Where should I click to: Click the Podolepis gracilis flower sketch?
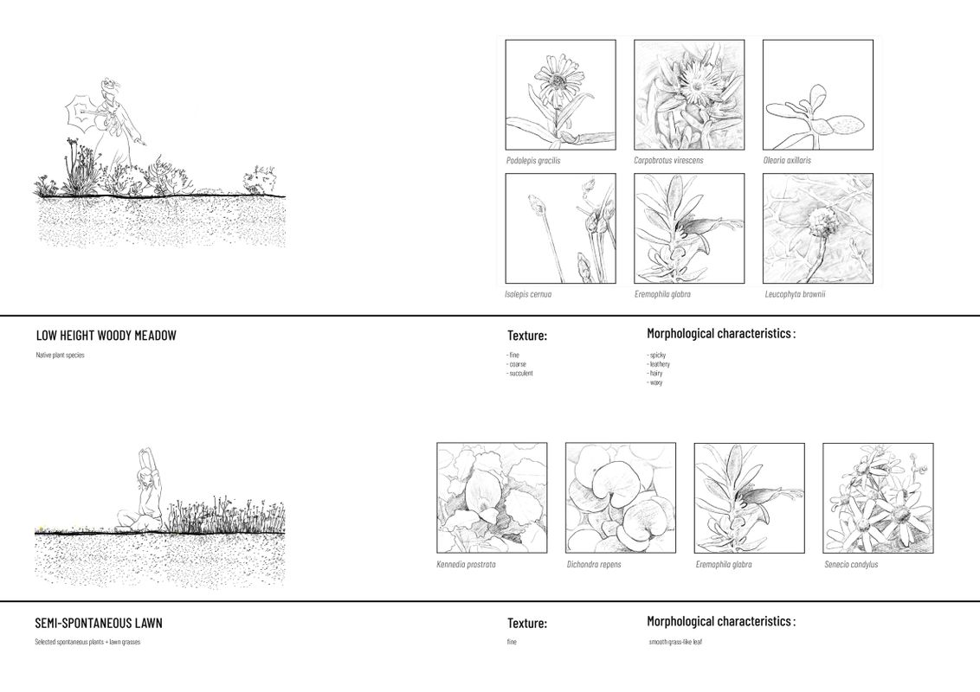pos(560,94)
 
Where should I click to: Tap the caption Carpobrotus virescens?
pos(668,160)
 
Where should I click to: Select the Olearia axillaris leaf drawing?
pos(817,94)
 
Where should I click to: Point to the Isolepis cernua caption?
pos(528,294)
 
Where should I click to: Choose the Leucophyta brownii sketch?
pos(817,228)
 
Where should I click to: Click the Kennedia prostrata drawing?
pos(492,498)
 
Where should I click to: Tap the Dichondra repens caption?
pos(594,565)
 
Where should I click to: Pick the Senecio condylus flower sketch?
pos(878,498)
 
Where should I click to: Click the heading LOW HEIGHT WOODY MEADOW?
pos(106,336)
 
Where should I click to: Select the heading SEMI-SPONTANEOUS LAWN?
pos(99,623)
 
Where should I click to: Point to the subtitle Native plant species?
pos(60,356)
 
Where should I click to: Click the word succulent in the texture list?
pos(520,373)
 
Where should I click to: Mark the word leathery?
pos(659,364)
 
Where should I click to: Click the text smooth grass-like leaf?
pos(674,642)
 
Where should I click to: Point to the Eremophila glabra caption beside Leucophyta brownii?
pos(662,294)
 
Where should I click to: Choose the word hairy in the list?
pos(655,373)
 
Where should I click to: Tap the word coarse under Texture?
pos(517,364)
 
